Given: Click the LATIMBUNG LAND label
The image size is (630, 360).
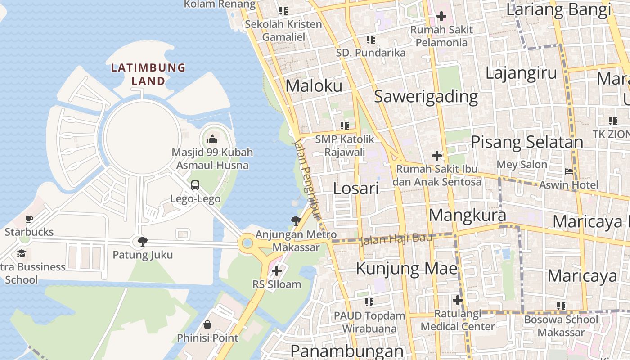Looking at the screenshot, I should pos(148,74).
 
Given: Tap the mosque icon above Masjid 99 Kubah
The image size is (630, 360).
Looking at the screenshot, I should pos(212,139).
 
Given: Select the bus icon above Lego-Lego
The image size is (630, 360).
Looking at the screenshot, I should pos(195,185).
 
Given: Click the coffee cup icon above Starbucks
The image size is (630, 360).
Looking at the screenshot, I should pos(29,219).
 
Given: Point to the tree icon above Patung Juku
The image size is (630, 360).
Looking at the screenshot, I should pos(143,242).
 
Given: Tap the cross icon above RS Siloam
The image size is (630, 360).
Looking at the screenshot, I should pos(277,271).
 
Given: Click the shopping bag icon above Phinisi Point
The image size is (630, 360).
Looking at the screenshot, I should pos(207,324).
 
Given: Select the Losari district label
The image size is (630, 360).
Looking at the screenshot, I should pos(356,188).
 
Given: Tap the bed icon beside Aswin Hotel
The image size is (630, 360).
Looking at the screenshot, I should pos(569,171).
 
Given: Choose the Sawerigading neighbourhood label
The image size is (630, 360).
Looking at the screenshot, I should pos(426,96).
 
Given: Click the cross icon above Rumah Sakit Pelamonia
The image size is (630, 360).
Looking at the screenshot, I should pos(441,17).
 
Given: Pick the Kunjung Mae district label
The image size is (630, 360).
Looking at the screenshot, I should pos(407,269).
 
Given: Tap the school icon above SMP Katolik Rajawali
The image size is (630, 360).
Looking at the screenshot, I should pos(345,126).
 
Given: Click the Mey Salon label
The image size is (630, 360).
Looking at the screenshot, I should pos(522,164).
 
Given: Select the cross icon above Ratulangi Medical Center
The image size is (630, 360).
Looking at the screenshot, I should pos(458,300).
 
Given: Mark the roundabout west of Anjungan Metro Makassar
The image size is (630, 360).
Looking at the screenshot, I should pos(247,244).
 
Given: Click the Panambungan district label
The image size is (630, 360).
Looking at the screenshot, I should pos(346,351).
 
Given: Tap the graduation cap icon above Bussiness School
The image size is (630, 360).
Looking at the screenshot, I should pos(21,254).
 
